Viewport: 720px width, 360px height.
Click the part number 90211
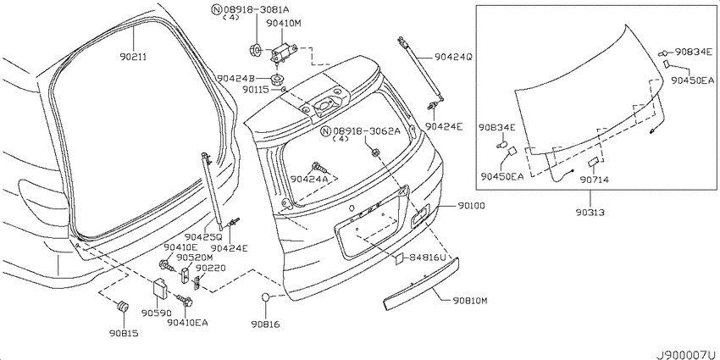tap(133, 57)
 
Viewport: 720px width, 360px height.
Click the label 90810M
tap(469, 302)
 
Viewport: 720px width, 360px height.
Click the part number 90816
tap(265, 324)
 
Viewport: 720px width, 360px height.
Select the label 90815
tap(124, 333)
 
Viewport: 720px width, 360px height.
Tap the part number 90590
tap(156, 313)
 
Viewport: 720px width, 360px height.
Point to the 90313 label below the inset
tap(590, 213)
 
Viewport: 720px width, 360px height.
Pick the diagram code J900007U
tap(688, 355)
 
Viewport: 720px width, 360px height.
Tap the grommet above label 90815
tap(123, 307)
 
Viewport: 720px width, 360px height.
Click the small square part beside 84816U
tap(399, 259)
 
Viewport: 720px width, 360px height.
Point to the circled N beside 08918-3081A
tap(216, 8)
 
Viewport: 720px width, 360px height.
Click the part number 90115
tap(256, 90)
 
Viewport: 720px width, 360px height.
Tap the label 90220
tap(210, 268)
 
